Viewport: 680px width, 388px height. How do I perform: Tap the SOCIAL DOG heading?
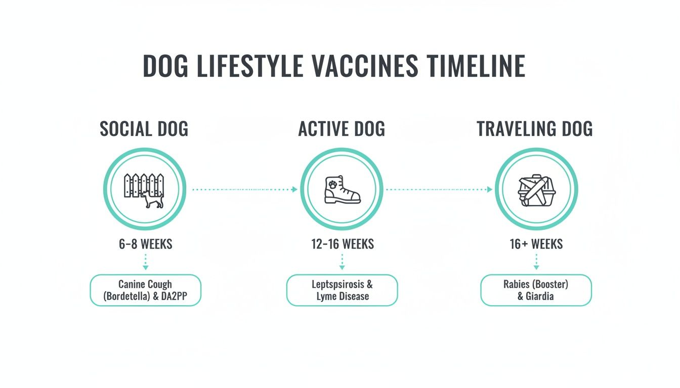point(144,129)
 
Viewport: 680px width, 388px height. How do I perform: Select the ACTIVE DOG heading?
point(342,129)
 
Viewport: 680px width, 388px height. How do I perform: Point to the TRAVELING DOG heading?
point(535,129)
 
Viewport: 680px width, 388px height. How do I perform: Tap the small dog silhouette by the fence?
point(153,200)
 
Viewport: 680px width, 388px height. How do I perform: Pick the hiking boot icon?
point(342,189)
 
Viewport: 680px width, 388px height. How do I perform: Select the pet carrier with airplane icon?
point(536,189)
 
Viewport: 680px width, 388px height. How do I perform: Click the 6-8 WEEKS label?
point(145,245)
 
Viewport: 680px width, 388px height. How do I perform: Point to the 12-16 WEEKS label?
point(343,245)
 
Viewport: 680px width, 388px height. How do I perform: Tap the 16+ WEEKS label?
point(536,245)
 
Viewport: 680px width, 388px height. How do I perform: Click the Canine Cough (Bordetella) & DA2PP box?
point(145,290)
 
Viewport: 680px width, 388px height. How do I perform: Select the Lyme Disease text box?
point(342,290)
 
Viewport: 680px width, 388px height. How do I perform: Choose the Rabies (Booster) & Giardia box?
point(536,290)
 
